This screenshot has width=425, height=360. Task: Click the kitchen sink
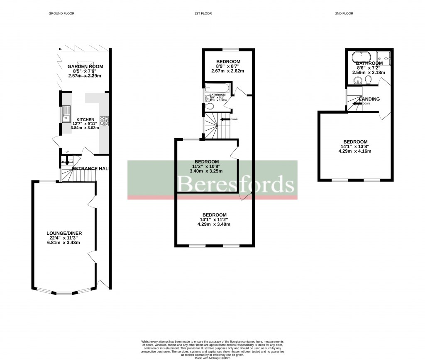coord(66,114)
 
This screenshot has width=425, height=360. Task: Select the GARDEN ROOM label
coord(85,66)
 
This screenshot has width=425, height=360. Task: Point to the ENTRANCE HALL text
coord(90,168)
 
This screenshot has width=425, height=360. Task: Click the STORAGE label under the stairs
coord(67,162)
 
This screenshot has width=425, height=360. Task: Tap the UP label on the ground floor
coord(67,152)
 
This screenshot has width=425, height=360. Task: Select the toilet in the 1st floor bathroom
coord(210,107)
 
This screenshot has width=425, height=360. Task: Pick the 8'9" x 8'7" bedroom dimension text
coord(228,66)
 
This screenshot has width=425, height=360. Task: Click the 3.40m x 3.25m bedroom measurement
coord(206,171)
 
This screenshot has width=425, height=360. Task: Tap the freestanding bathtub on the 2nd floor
coord(362,57)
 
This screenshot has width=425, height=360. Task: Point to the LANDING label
coord(369,99)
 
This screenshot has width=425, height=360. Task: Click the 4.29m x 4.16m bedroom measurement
coord(354,151)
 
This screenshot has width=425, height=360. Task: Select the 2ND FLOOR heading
coord(344,13)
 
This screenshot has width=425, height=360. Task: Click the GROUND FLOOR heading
coord(61,13)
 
